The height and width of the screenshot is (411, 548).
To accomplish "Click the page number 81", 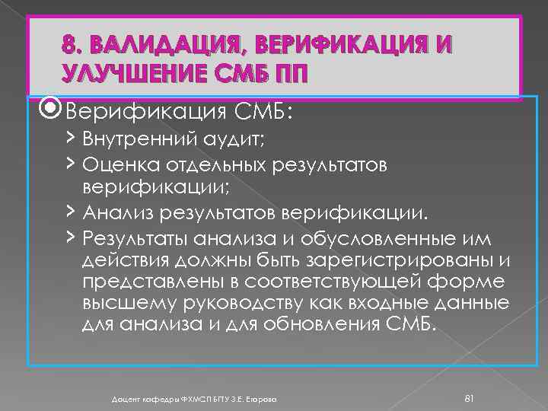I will (469, 378).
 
